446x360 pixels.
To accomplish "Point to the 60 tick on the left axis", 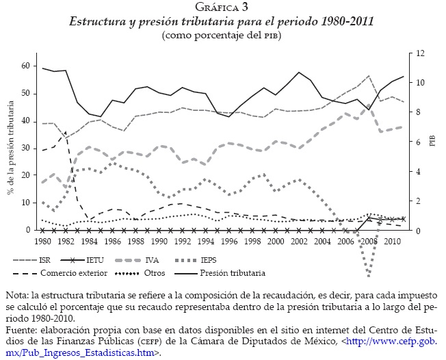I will coord(25,66).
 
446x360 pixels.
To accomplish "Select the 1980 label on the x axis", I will coord(42,242).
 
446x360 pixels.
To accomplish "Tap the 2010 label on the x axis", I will coord(392,242).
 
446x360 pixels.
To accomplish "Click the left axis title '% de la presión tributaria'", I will coord(10,146).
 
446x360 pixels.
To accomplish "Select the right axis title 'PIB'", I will coord(432,141).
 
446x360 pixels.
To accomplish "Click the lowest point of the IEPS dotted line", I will coord(369,275).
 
